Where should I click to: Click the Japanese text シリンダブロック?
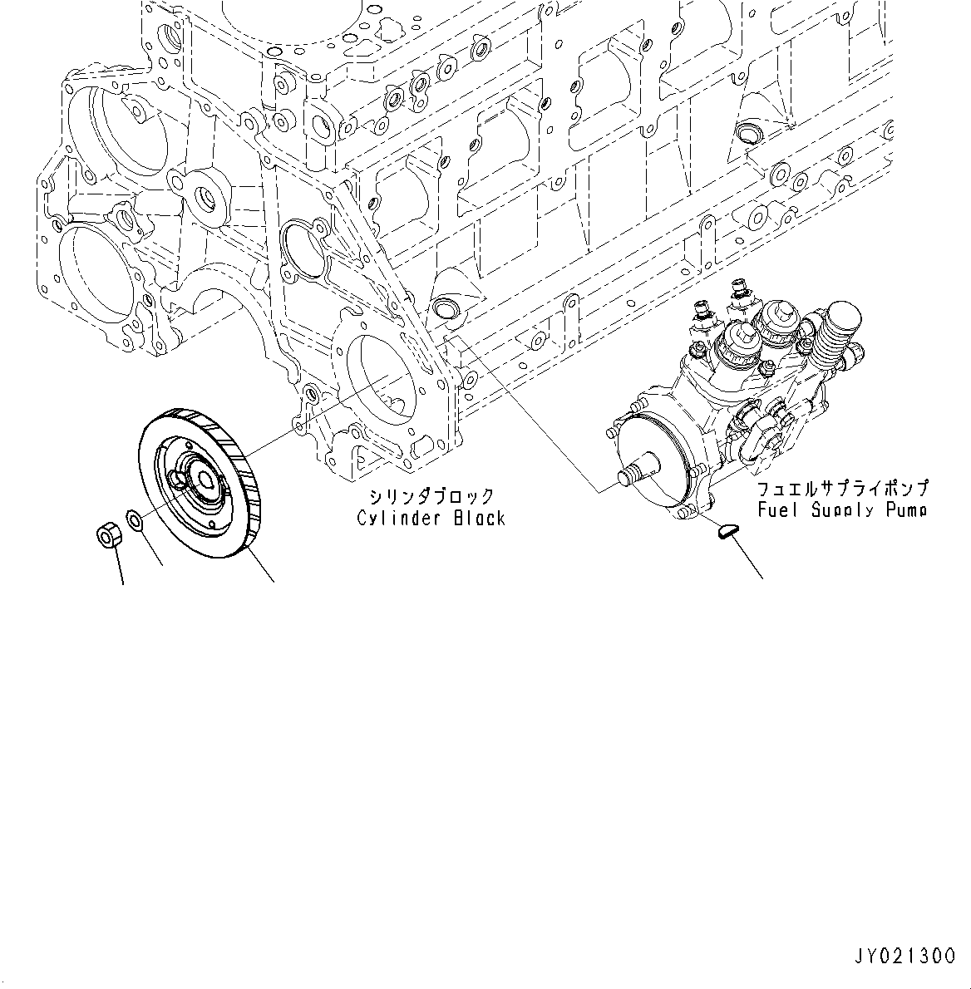[431, 497]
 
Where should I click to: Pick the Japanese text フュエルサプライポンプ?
[842, 489]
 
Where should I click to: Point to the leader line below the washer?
[150, 549]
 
